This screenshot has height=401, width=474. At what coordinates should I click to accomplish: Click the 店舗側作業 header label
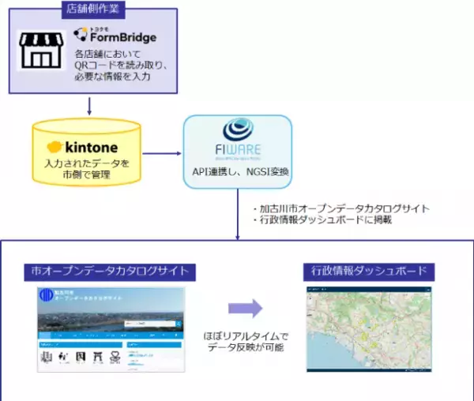click(89, 9)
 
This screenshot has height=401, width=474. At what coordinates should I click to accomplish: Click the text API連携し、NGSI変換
click(238, 172)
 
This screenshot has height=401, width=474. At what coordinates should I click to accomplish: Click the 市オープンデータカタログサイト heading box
click(104, 272)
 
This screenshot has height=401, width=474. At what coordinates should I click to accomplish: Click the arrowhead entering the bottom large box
click(238, 236)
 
